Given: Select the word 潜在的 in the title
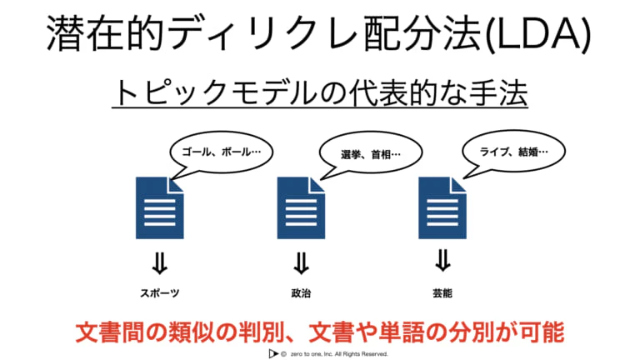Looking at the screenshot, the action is tap(105, 33).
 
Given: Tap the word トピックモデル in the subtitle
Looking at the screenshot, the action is tap(217, 92).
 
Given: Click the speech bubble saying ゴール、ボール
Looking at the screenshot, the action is tap(221, 152).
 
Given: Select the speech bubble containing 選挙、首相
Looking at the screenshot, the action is tap(371, 154).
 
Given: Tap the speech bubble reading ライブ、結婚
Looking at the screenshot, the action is tap(513, 152).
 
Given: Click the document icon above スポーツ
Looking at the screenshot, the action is tap(160, 207).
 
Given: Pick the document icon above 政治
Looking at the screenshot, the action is tap(301, 207).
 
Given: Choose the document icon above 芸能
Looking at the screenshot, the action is tap(442, 207).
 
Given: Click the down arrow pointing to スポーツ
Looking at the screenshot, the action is tap(160, 263).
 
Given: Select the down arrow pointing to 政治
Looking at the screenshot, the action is tap(301, 263).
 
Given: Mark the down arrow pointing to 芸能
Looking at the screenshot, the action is tap(442, 261).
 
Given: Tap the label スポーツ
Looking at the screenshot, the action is tap(160, 293).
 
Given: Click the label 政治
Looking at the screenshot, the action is tap(301, 293).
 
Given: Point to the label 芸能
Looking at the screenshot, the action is tap(442, 293).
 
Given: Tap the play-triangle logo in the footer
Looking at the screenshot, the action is tap(273, 354).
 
